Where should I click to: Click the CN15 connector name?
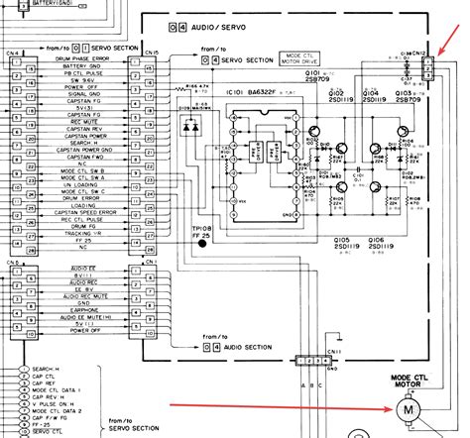(x=151, y=53)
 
